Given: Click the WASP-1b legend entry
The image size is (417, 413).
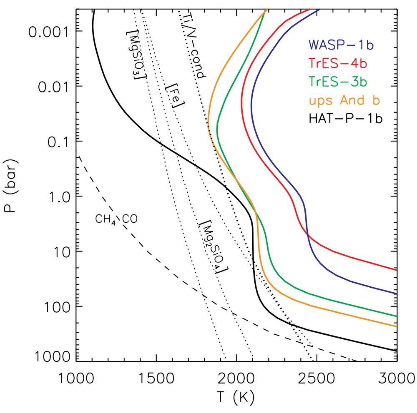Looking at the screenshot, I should pyautogui.click(x=341, y=45).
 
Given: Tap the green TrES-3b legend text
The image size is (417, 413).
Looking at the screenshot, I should pyautogui.click(x=338, y=82).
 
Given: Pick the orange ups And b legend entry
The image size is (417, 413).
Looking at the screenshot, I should pyautogui.click(x=346, y=101).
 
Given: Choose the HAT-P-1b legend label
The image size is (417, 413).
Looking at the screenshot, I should pyautogui.click(x=346, y=119).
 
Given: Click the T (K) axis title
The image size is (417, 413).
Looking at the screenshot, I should pyautogui.click(x=236, y=398).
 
